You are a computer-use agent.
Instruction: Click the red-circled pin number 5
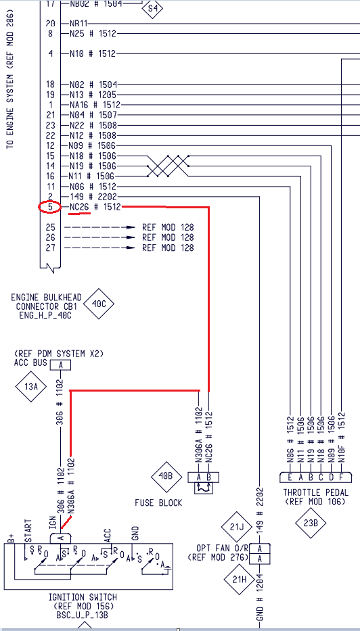(x=50, y=207)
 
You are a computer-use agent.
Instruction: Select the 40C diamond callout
(x=99, y=304)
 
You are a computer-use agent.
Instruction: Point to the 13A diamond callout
(x=31, y=387)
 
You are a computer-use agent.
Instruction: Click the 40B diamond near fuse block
(x=166, y=476)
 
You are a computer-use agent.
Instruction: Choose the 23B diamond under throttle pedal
(x=311, y=523)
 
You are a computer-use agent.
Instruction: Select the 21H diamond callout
(x=239, y=580)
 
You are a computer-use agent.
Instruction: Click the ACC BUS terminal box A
(x=61, y=365)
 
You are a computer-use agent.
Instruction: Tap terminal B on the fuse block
(x=208, y=477)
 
